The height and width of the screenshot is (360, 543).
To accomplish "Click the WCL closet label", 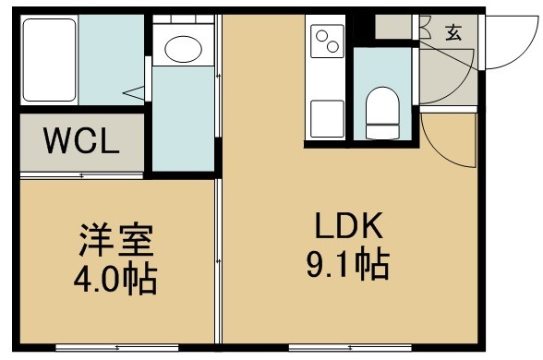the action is (81, 140).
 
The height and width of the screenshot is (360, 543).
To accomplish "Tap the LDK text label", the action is (349, 225).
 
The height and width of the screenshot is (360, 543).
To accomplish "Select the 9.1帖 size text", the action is (348, 265).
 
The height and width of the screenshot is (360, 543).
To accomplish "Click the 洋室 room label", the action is (116, 240).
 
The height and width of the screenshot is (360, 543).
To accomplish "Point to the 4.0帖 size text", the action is (115, 280).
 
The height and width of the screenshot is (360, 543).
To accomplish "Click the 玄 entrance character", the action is (453, 33).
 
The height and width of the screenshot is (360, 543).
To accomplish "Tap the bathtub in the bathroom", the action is (49, 60).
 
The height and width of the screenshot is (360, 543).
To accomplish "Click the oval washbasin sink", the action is (183, 49).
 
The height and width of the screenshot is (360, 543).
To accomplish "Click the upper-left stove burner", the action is (322, 36).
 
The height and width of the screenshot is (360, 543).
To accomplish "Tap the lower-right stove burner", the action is (332, 47).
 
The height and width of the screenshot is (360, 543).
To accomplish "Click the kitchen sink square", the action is (327, 118).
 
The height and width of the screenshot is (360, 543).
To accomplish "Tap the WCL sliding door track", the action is (81, 175).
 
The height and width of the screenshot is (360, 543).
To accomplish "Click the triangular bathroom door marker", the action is (134, 93).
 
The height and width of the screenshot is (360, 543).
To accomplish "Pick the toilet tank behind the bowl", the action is (382, 132).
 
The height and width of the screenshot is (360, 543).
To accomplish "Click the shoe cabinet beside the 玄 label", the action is (393, 27).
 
